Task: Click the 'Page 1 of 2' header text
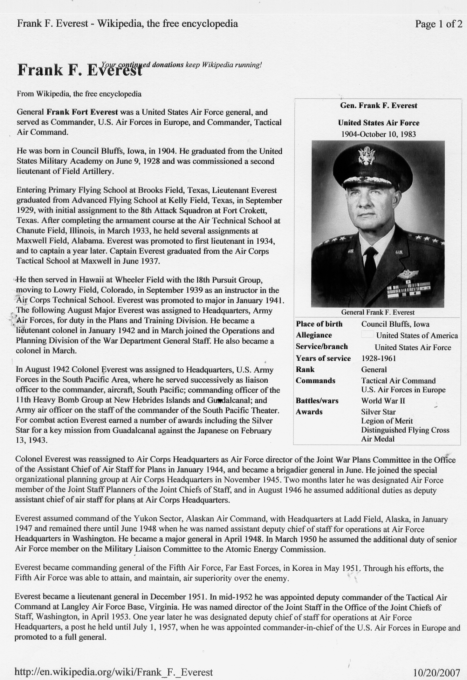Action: tap(438, 24)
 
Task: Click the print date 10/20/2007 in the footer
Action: tap(436, 672)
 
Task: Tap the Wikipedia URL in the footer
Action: tap(114, 672)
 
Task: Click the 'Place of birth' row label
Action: tap(319, 324)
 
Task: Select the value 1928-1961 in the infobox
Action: tap(379, 358)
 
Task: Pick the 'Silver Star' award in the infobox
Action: tap(378, 412)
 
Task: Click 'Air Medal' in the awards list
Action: tap(378, 439)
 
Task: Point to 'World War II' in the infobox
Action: tap(383, 401)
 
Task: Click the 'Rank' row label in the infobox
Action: tap(305, 370)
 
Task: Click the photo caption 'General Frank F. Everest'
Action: tap(378, 312)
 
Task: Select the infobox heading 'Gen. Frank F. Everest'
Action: tap(378, 106)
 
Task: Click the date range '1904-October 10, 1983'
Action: tap(378, 134)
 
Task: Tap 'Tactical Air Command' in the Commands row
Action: tap(398, 381)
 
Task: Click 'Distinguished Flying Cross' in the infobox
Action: tap(405, 430)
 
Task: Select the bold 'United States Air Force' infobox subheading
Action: tap(378, 123)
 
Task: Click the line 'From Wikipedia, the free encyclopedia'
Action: tap(79, 94)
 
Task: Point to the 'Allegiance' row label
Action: tap(314, 335)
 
